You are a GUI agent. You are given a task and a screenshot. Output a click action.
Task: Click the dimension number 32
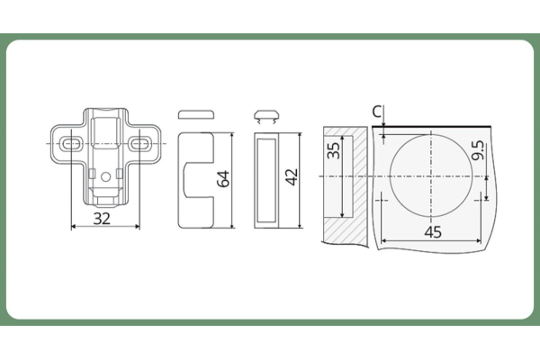point(102,219)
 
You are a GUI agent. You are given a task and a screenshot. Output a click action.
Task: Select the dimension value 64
point(223,179)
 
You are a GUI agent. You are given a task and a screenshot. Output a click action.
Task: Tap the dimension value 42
point(292,176)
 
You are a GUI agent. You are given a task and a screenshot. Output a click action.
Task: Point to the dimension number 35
point(333,150)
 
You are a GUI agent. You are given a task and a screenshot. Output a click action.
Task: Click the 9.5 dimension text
point(478,150)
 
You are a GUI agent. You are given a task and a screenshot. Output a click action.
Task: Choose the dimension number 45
point(433,232)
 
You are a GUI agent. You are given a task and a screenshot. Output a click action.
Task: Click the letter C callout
point(377,112)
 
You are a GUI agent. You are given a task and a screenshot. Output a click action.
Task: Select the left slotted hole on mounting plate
point(72,144)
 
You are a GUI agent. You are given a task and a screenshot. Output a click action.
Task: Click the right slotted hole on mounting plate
point(140,144)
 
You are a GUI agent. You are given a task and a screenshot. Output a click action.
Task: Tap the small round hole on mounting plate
point(105,177)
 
